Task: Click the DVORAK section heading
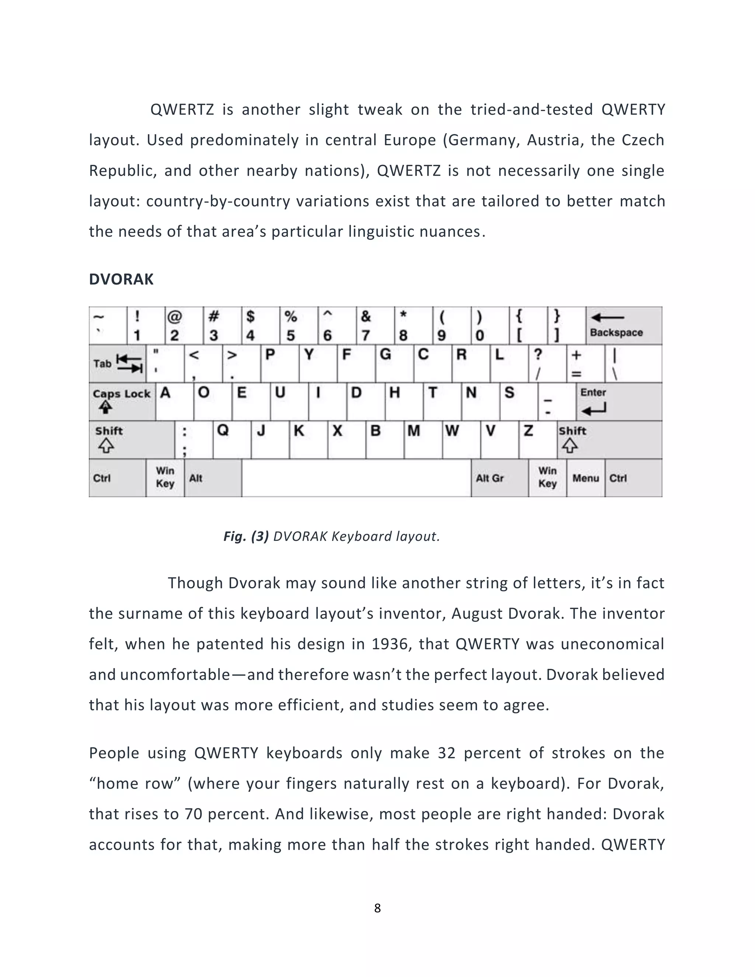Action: pyautogui.click(x=121, y=279)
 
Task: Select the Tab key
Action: pyautogui.click(x=117, y=363)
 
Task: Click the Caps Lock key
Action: pyautogui.click(x=122, y=401)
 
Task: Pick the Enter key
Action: pyautogui.click(x=619, y=401)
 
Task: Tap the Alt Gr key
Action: pyautogui.click(x=499, y=478)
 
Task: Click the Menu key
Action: pyautogui.click(x=585, y=478)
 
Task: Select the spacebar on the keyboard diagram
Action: pyautogui.click(x=356, y=478)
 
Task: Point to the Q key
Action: pyautogui.click(x=231, y=439)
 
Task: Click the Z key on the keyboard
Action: pyautogui.click(x=537, y=439)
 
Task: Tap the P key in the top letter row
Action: pyautogui.click(x=279, y=363)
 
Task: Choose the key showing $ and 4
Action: pyautogui.click(x=260, y=326)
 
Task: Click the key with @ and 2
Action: pyautogui.click(x=184, y=326)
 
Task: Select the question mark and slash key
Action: pyautogui.click(x=547, y=363)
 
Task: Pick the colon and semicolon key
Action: pyautogui.click(x=193, y=440)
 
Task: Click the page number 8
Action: pyautogui.click(x=377, y=908)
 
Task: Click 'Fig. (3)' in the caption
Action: pyautogui.click(x=246, y=536)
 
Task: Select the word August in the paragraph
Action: pyautogui.click(x=477, y=613)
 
